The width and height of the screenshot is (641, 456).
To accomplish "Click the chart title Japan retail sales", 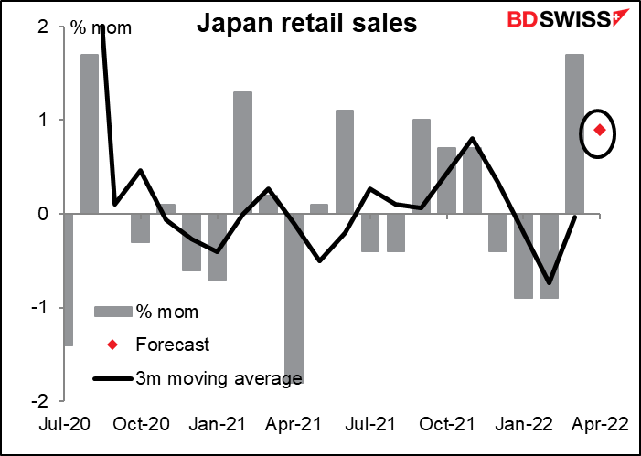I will tap(307, 24).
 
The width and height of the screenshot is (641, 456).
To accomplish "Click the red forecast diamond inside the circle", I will tap(600, 130).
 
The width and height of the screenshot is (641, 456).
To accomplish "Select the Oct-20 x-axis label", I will tap(146, 425).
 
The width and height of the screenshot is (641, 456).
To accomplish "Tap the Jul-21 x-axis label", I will tap(369, 425).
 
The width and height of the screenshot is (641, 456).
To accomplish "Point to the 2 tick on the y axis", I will tap(43, 27).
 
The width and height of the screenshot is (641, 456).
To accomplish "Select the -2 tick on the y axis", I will tap(39, 400).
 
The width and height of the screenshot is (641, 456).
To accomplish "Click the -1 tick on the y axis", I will tap(39, 307).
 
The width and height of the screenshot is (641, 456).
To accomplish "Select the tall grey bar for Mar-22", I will tap(574, 133).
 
